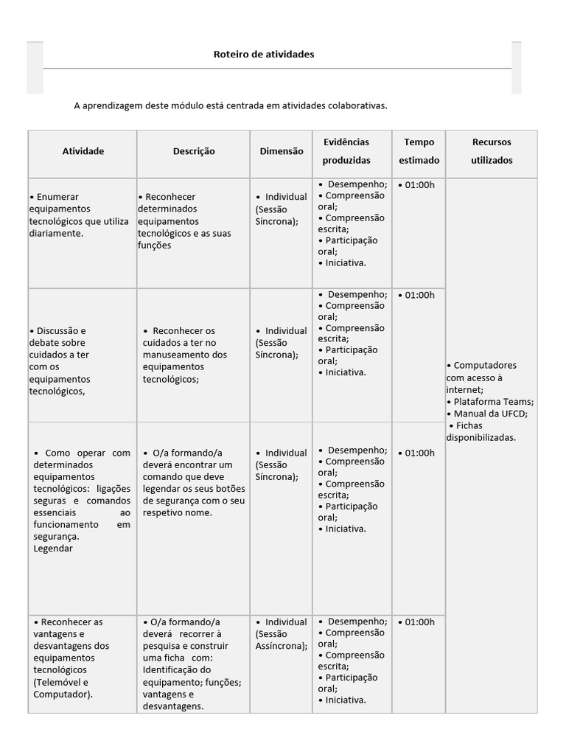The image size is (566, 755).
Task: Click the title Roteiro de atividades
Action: [263, 55]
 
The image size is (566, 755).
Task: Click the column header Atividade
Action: [83, 151]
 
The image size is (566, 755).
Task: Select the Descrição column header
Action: [194, 151]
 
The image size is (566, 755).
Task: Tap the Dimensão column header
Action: [281, 151]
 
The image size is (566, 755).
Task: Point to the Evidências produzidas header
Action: [346, 151]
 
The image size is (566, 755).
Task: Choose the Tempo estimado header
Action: [419, 151]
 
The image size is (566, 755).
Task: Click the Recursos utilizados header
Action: [491, 151]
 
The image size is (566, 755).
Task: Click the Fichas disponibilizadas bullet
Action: [481, 431]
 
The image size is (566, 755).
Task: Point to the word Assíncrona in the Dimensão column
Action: [280, 646]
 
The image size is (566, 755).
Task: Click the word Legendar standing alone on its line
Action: [53, 549]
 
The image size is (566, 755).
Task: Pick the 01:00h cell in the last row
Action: [419, 622]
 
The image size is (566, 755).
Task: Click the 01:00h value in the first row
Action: [419, 185]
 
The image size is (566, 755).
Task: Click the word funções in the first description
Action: [154, 246]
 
